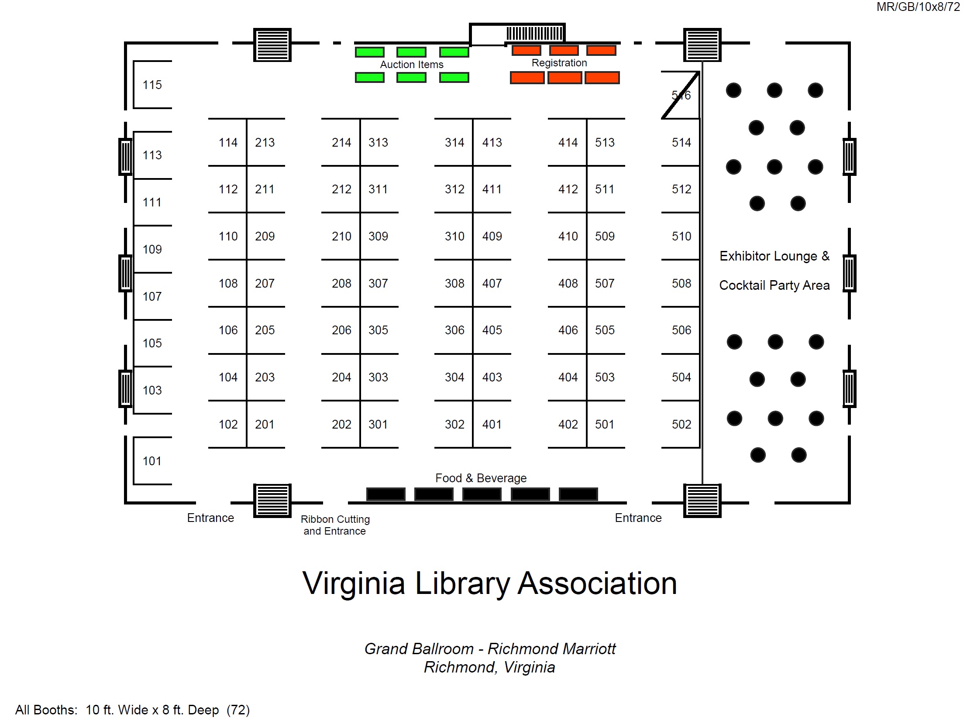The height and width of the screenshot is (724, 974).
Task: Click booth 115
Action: tap(152, 85)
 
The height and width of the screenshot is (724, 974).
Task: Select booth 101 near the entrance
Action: tap(152, 461)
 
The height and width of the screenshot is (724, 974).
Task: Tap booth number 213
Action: tap(265, 142)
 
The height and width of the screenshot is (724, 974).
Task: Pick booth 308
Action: tap(454, 284)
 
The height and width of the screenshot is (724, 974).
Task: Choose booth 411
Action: tap(492, 189)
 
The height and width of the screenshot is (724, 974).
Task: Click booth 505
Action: tap(605, 330)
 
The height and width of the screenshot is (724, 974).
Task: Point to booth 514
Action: tap(681, 142)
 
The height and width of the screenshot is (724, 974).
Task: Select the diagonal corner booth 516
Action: tap(681, 95)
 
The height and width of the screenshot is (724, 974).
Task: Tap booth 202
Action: tap(341, 424)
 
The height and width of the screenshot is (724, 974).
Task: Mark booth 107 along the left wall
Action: tap(152, 296)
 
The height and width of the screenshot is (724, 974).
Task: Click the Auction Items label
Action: tap(412, 65)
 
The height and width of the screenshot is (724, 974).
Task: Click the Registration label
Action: tap(559, 63)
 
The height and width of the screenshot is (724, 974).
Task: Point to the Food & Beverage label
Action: tap(481, 478)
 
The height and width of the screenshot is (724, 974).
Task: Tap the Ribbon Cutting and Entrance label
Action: tap(335, 525)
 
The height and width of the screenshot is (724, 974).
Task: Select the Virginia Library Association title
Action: tap(490, 583)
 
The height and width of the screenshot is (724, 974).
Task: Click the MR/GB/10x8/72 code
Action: tap(918, 7)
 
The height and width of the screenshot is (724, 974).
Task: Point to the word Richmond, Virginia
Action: tap(490, 667)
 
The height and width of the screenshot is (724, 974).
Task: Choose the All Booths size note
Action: tap(132, 710)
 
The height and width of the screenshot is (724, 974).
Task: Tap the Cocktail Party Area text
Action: tap(774, 285)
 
